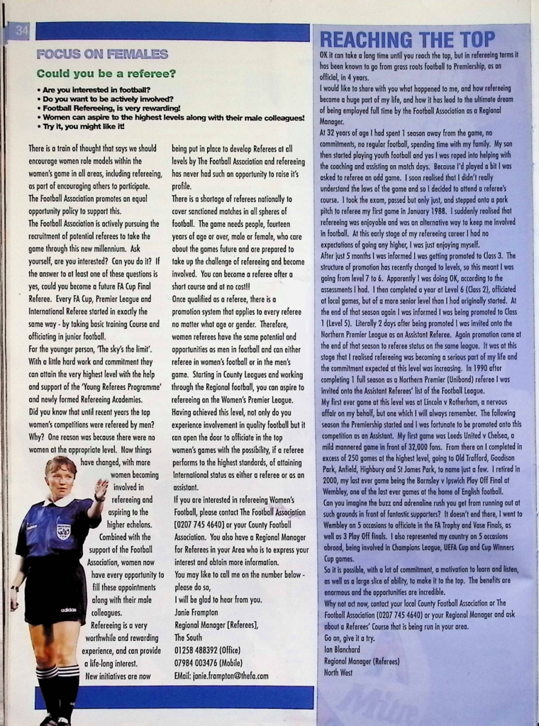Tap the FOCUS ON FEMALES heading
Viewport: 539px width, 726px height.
pos(102,55)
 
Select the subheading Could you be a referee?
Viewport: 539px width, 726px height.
pos(106,74)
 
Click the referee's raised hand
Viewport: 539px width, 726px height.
pos(101,488)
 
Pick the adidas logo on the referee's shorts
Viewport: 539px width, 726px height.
pos(68,610)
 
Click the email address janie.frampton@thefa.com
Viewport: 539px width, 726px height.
pos(221,676)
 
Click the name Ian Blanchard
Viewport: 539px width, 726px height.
pos(343,647)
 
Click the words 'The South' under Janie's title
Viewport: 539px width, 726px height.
pos(188,637)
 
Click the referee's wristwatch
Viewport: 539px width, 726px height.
pos(14,588)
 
